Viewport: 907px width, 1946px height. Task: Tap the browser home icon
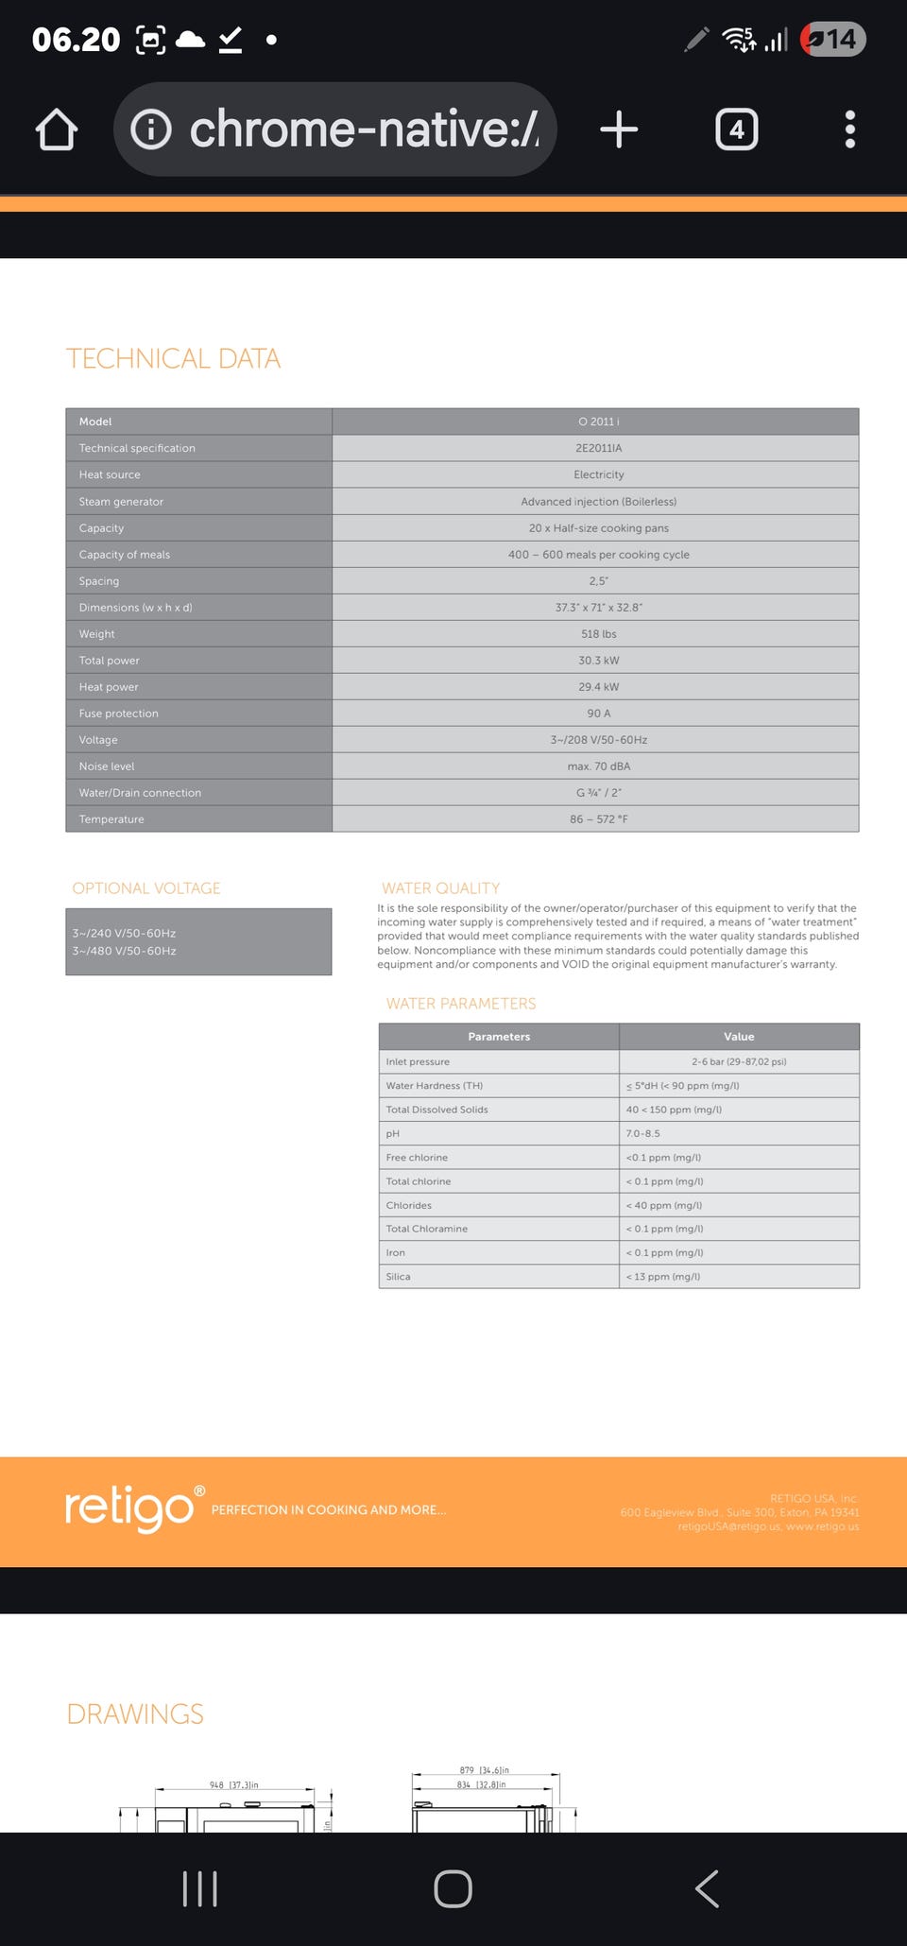click(x=57, y=129)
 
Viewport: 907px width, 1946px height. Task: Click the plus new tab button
click(x=619, y=129)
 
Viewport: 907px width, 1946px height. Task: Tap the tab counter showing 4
click(x=737, y=129)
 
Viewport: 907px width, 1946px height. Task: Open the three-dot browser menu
click(x=850, y=129)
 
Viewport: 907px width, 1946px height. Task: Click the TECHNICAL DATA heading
click(x=173, y=359)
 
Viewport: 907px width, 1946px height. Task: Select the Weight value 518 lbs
click(x=598, y=634)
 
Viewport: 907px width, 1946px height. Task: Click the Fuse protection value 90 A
click(x=598, y=714)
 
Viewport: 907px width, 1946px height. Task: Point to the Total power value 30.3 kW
click(x=598, y=661)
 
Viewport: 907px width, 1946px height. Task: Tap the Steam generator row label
click(x=121, y=502)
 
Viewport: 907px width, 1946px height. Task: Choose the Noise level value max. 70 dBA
click(x=598, y=766)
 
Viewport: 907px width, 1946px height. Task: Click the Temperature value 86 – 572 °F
click(x=598, y=819)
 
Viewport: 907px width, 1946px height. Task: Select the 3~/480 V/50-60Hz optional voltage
click(x=125, y=951)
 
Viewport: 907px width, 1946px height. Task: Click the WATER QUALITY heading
click(x=440, y=888)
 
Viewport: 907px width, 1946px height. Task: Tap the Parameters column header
click(x=499, y=1037)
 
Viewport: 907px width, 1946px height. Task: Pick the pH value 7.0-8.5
click(x=643, y=1133)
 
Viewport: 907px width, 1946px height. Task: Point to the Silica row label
click(x=399, y=1277)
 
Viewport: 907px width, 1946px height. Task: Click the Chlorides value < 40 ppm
click(x=663, y=1205)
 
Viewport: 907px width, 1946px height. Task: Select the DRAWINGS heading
click(x=135, y=1714)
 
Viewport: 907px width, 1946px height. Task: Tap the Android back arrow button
click(x=707, y=1888)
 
